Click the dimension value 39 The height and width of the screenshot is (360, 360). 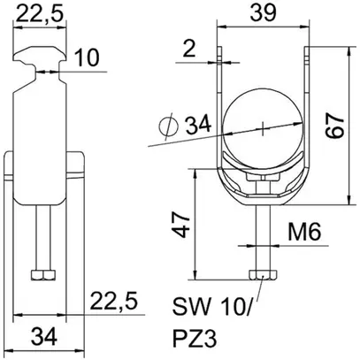point(264,13)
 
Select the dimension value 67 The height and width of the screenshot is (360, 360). point(334,125)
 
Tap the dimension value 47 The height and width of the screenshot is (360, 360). point(180,225)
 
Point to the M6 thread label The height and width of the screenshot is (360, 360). point(304,231)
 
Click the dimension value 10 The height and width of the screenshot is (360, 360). point(87,57)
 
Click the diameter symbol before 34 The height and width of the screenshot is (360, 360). point(169,126)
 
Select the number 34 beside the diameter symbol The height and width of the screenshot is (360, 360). point(198,125)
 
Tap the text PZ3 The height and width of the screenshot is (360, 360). point(195,339)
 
